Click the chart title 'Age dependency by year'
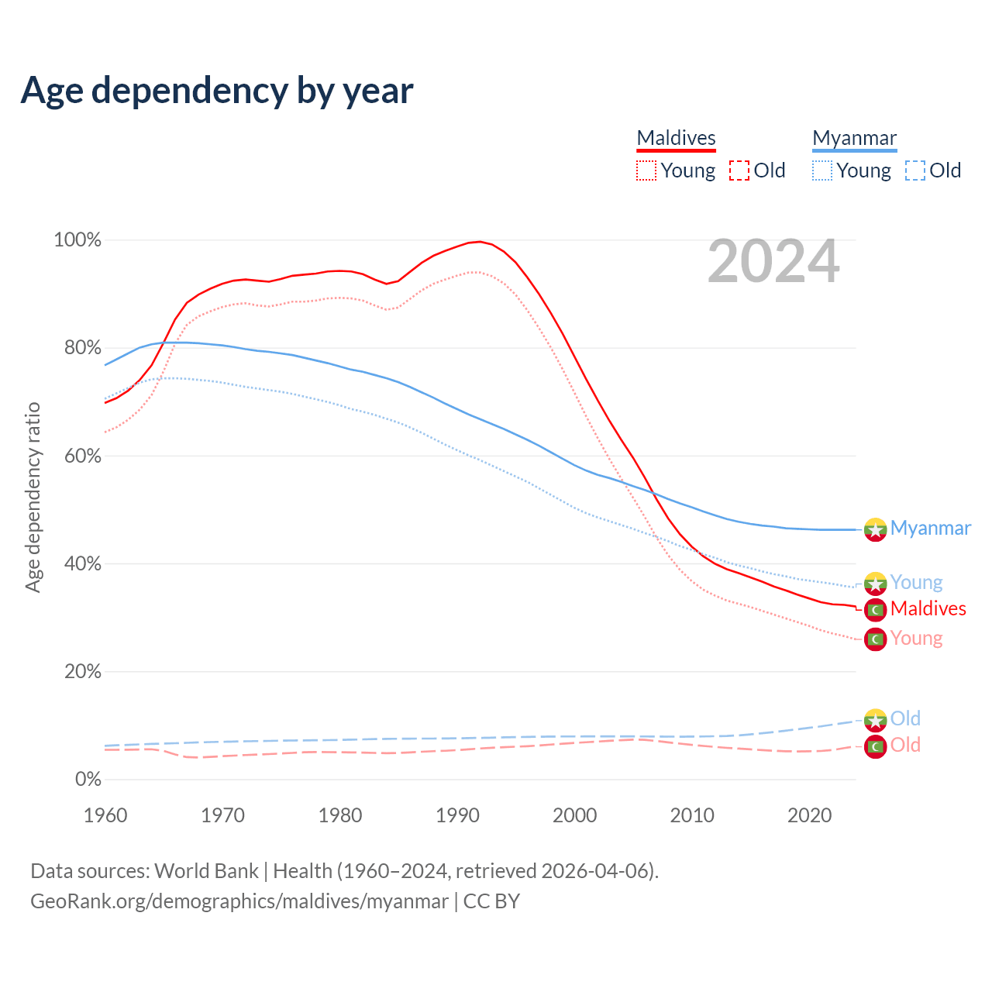click(x=217, y=90)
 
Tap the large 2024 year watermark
click(x=773, y=262)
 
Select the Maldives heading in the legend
click(x=676, y=138)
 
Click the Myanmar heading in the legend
click(x=854, y=138)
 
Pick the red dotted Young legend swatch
click(x=646, y=170)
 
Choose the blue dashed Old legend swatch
click(x=915, y=170)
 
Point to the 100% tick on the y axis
click(x=77, y=240)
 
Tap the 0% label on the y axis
click(x=88, y=779)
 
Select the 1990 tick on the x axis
click(x=457, y=815)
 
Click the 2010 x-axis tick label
click(x=692, y=815)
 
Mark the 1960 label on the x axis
click(x=105, y=815)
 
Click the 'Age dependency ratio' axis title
click(x=33, y=497)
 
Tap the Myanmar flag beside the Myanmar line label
click(x=875, y=529)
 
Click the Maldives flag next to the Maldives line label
click(x=875, y=610)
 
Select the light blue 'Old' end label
click(x=905, y=718)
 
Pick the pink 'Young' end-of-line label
click(x=916, y=638)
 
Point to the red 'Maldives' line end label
click(x=928, y=608)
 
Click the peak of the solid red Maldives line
click(x=480, y=242)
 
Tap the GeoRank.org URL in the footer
click(x=239, y=901)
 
